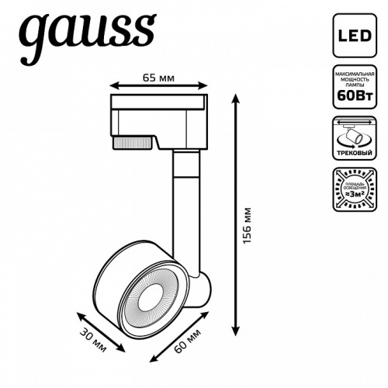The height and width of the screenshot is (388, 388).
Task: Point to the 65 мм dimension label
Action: pyautogui.click(x=158, y=78)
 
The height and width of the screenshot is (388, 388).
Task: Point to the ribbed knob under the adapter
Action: pyautogui.click(x=131, y=143)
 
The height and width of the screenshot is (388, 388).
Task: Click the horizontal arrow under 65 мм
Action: pyautogui.click(x=158, y=87)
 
